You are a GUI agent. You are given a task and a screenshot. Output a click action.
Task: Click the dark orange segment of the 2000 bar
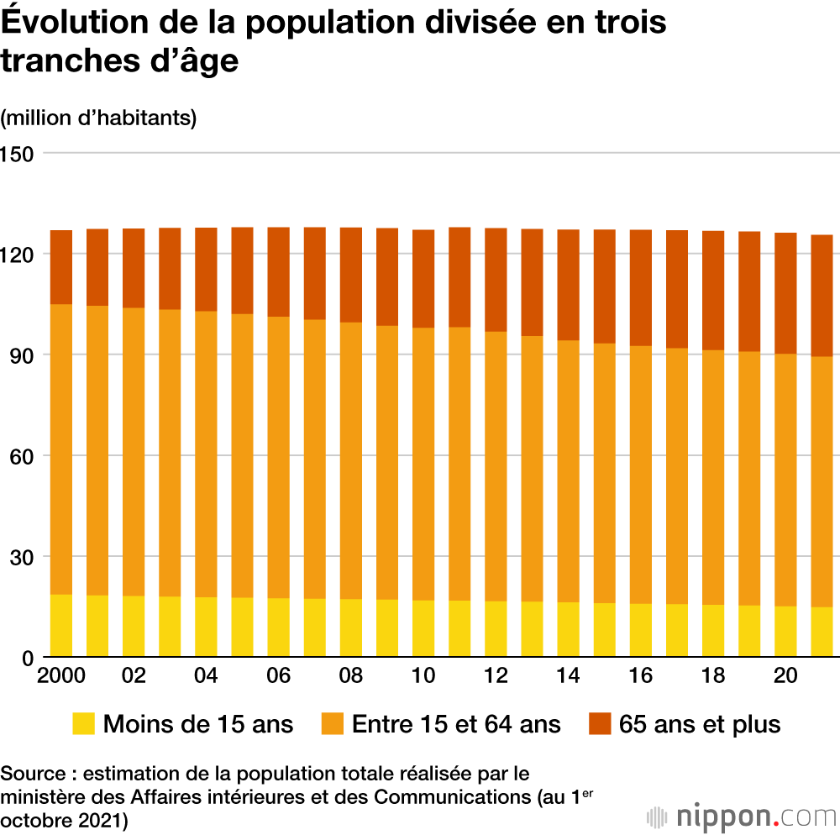click(x=60, y=267)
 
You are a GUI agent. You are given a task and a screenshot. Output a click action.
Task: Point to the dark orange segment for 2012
click(x=496, y=280)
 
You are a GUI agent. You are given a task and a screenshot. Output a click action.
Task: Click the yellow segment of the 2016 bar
click(x=641, y=631)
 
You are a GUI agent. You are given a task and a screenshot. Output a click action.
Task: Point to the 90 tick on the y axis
click(x=17, y=355)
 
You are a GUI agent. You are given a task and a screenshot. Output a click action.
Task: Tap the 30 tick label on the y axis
click(x=17, y=557)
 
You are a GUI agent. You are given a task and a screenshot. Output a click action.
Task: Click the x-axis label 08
click(x=351, y=676)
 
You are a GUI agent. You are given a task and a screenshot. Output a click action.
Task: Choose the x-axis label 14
click(x=568, y=676)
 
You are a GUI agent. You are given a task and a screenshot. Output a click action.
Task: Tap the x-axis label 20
click(x=785, y=676)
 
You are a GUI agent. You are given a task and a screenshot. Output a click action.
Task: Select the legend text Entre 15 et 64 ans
click(x=456, y=724)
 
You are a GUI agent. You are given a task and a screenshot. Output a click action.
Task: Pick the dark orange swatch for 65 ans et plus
click(x=599, y=724)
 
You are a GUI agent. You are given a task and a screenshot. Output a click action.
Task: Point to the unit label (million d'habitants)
click(x=98, y=118)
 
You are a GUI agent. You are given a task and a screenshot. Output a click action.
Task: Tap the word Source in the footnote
click(x=30, y=773)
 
